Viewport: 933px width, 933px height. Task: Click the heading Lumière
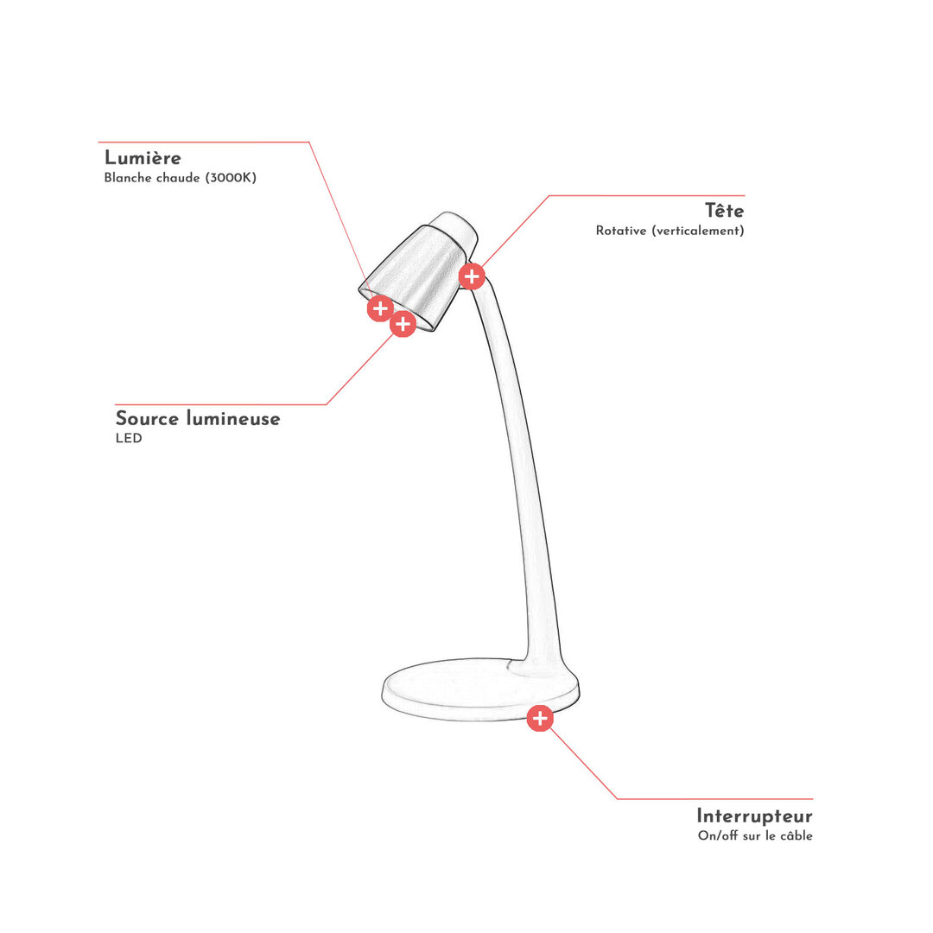click(x=143, y=158)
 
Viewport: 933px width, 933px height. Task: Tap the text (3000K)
click(x=231, y=178)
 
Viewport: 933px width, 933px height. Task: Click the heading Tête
click(x=724, y=211)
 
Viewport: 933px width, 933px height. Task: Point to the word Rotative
click(x=620, y=231)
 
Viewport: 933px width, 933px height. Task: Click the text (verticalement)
click(x=698, y=231)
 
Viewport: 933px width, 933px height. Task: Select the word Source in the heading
click(x=147, y=418)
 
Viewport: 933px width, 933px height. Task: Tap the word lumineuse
click(x=233, y=418)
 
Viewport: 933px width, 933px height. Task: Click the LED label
click(x=129, y=439)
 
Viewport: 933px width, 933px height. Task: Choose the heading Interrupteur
click(x=754, y=816)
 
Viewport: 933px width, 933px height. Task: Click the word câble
click(x=797, y=836)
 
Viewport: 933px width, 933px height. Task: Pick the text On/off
click(x=718, y=836)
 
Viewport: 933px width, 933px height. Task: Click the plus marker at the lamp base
click(x=540, y=718)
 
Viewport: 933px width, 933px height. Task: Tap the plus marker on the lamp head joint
click(x=472, y=276)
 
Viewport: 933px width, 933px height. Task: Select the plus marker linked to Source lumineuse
click(x=403, y=324)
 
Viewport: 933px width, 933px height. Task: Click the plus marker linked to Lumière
click(x=380, y=308)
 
